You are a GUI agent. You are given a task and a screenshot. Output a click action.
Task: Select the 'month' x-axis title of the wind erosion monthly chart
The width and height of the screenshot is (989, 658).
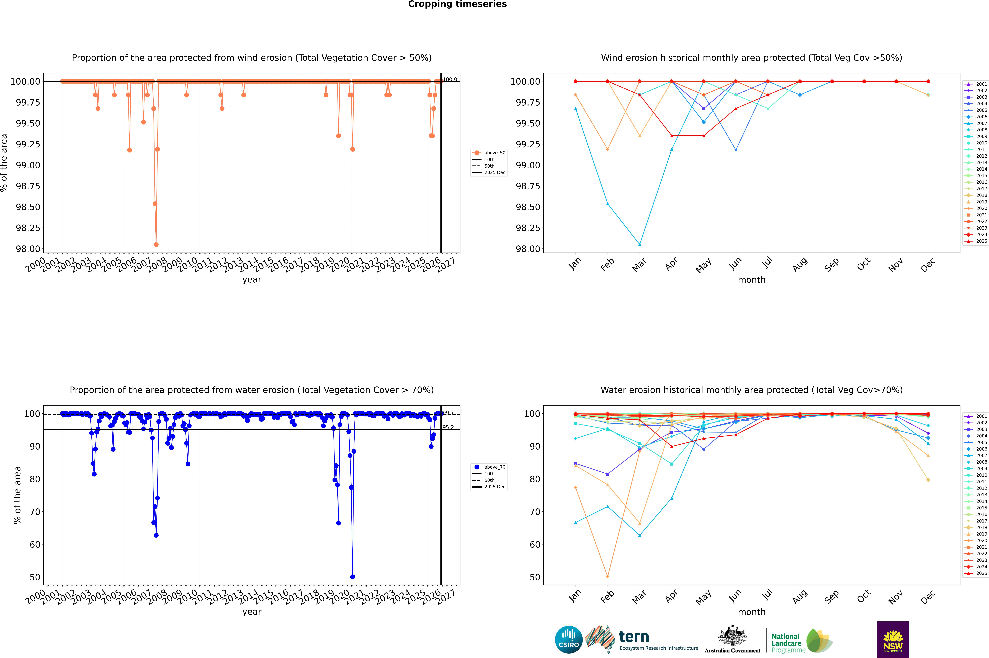[x=751, y=280]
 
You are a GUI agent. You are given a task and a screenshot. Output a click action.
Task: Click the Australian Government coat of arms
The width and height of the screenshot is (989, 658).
[x=732, y=636]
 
